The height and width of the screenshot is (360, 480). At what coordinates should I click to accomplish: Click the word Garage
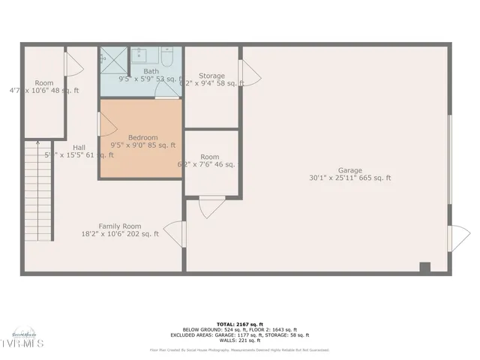(349, 170)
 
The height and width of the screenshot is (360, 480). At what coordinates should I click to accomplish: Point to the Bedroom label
(142, 137)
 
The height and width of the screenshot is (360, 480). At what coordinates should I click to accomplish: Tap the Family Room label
(120, 226)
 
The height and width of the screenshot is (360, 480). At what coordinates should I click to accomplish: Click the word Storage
(211, 76)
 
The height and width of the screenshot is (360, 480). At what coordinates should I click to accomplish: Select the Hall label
(79, 147)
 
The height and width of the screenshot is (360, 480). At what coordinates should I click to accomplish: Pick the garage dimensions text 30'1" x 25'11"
(349, 178)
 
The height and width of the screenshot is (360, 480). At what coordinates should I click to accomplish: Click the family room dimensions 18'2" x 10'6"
(120, 234)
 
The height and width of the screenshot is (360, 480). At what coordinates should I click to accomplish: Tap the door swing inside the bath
(166, 91)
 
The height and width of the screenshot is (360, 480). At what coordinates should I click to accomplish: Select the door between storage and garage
(249, 73)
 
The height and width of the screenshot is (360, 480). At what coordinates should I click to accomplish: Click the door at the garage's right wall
(458, 238)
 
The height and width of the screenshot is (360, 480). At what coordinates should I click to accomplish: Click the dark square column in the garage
(425, 267)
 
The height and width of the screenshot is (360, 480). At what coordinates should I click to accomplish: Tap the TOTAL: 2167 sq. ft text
(239, 324)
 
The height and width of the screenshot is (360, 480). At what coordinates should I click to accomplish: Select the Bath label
(151, 71)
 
